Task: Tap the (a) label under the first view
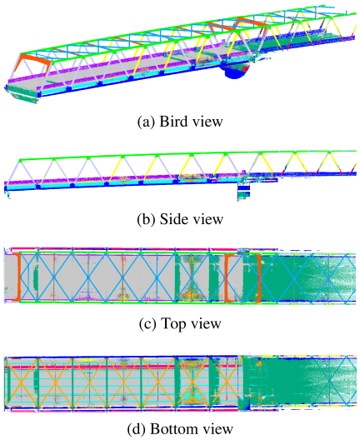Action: [146, 122]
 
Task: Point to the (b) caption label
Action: [146, 219]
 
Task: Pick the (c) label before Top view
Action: [147, 324]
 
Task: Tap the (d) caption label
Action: [137, 429]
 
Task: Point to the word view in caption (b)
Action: [208, 219]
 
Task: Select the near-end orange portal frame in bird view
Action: [32, 62]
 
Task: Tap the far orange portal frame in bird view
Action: [252, 23]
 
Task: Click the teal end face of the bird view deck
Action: [22, 94]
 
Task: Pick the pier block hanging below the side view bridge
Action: [243, 192]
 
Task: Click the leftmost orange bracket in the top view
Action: [18, 277]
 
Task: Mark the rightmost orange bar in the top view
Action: [259, 278]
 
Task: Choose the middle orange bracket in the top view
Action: [228, 278]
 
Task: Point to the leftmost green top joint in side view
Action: [20, 161]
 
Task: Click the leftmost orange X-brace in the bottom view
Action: [22, 382]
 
